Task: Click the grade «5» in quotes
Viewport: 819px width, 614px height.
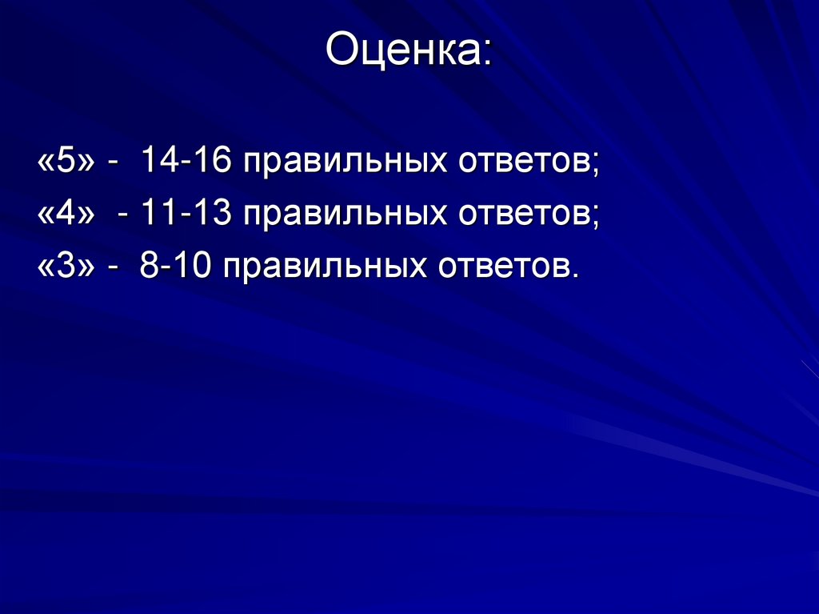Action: point(66,162)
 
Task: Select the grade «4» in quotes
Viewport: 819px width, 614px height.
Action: point(66,215)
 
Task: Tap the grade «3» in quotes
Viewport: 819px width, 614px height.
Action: point(66,267)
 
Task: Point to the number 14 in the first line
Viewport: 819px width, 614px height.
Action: point(157,162)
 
